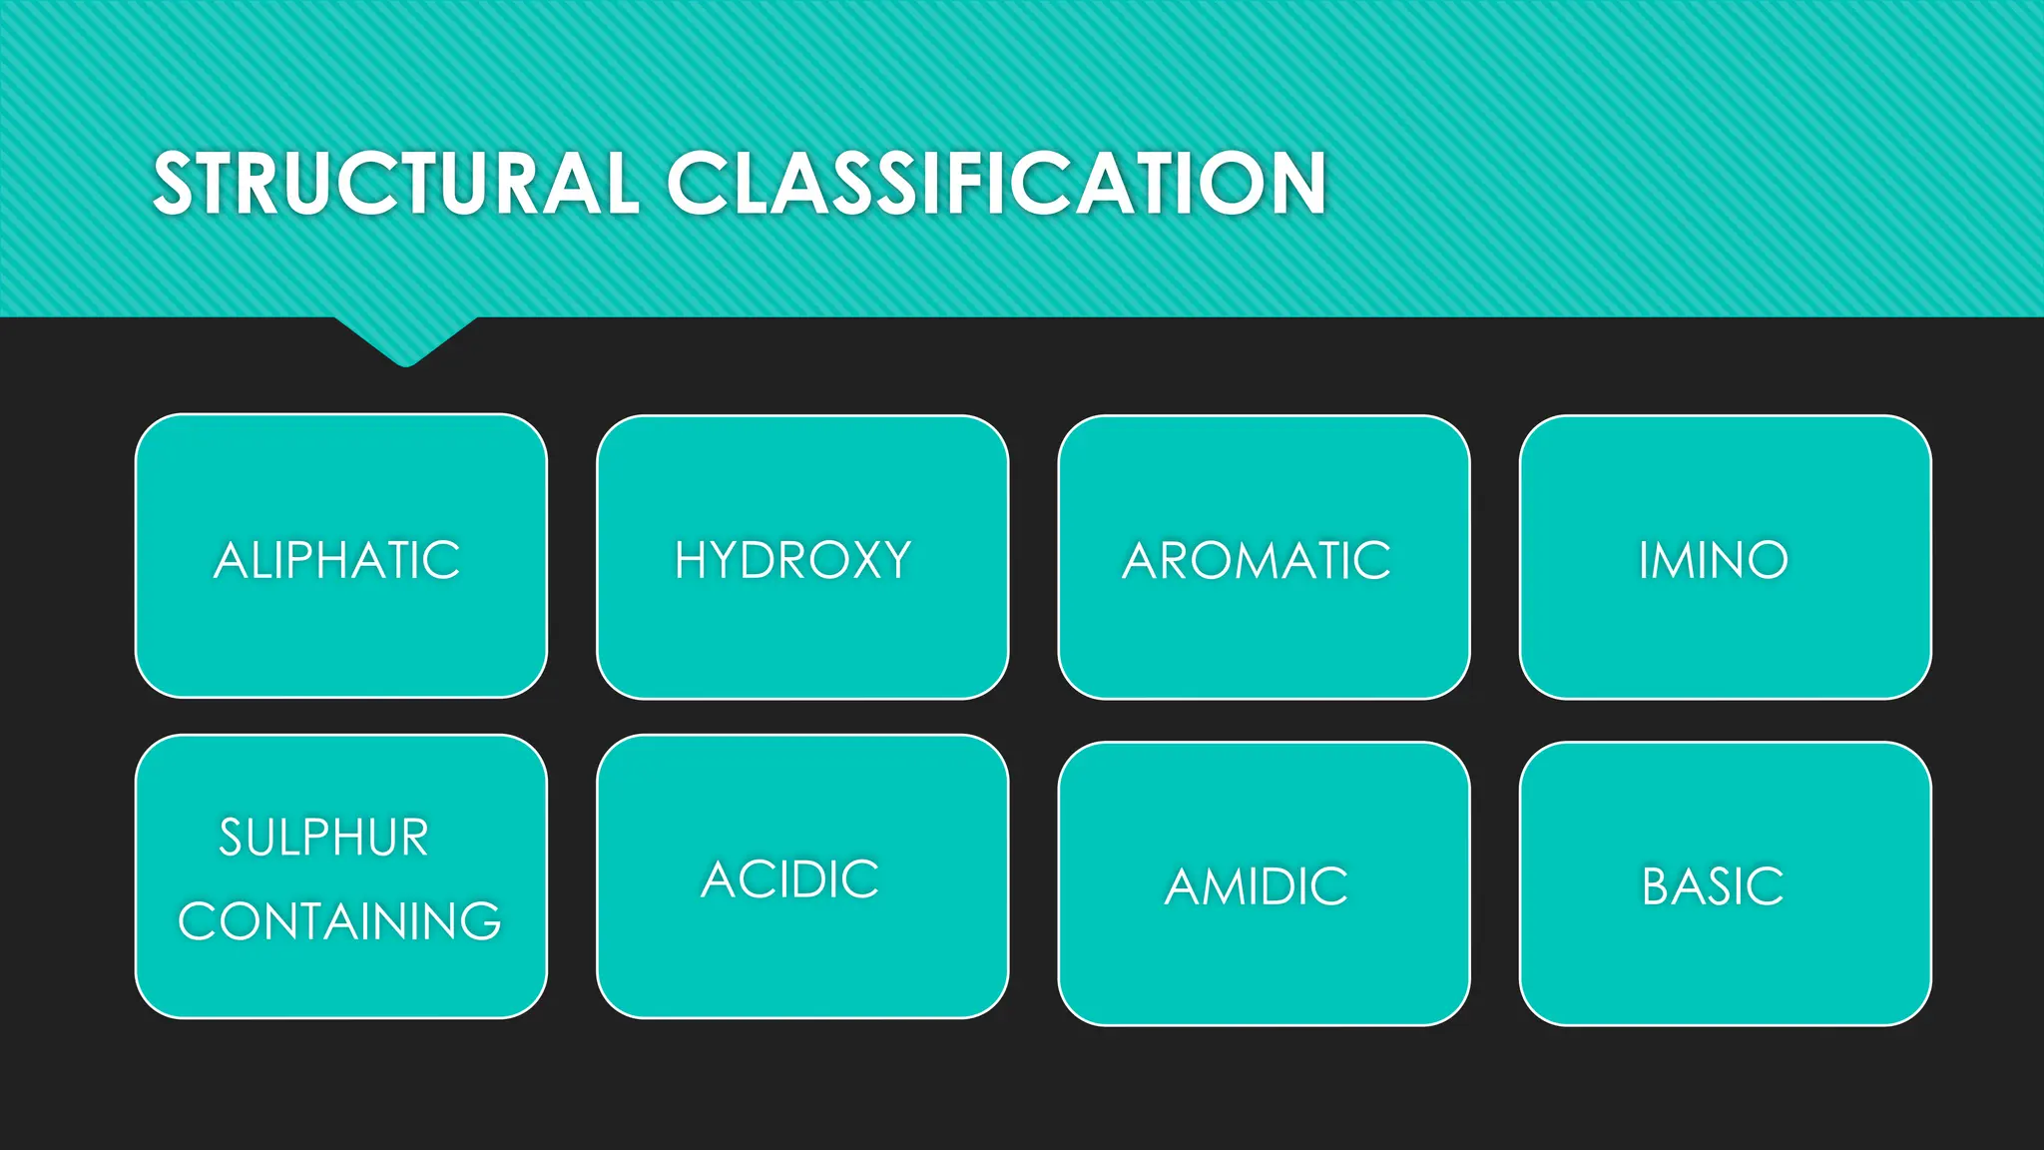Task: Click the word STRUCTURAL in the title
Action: point(395,184)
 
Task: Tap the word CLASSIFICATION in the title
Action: point(996,184)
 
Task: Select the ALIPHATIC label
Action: point(337,560)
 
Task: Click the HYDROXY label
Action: point(793,560)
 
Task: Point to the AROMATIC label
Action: point(1257,560)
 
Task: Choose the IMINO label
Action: point(1714,560)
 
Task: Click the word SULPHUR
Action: point(324,838)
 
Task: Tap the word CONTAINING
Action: point(339,921)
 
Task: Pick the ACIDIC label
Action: point(790,879)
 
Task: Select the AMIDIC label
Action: point(1257,886)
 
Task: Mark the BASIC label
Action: point(1713,886)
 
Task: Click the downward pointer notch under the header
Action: point(405,344)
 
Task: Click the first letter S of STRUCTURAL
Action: point(174,184)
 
